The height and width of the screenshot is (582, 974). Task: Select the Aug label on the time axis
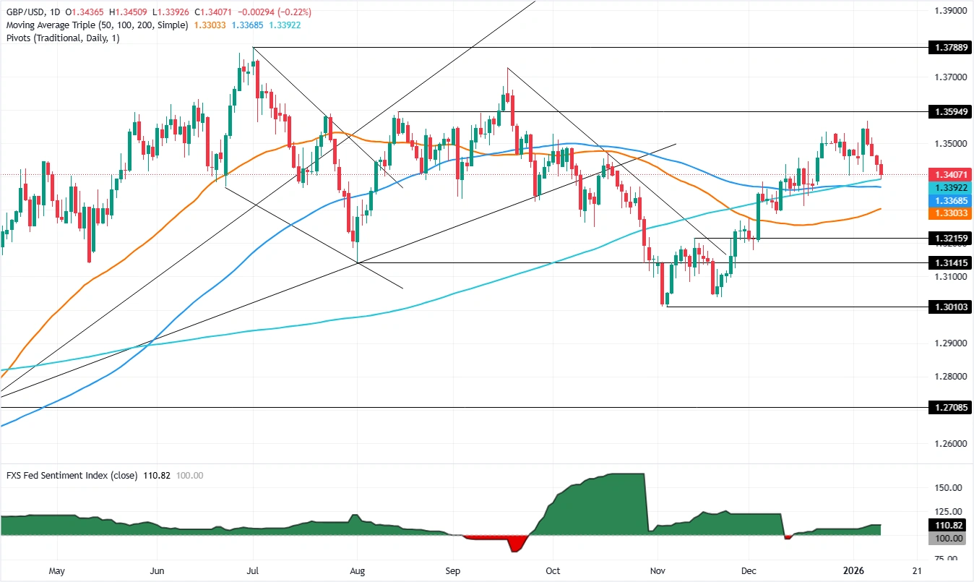(358, 571)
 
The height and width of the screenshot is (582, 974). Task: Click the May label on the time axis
(56, 571)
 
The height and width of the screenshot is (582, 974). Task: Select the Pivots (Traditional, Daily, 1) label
(61, 38)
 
